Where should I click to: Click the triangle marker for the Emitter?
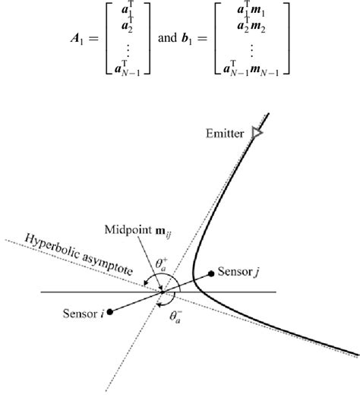(x=257, y=133)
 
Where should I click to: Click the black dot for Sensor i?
(x=111, y=310)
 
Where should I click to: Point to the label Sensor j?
(x=238, y=271)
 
